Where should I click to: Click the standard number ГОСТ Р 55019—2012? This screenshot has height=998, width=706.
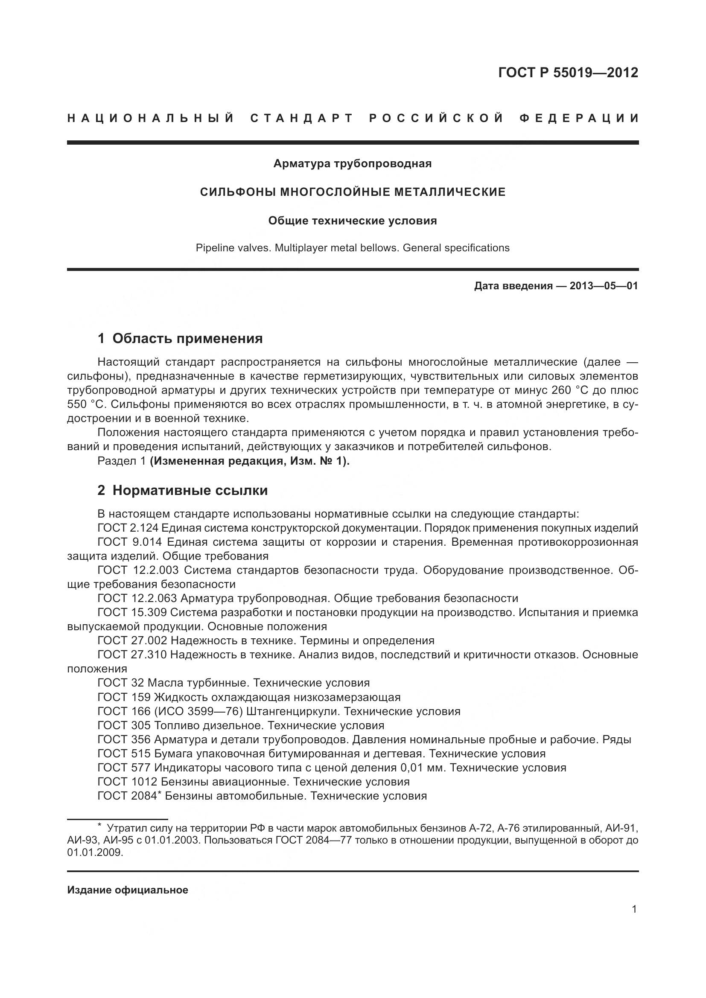click(x=568, y=73)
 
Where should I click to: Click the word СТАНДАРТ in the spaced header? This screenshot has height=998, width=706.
click(x=302, y=118)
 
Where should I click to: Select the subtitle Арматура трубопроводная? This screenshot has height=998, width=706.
click(x=352, y=164)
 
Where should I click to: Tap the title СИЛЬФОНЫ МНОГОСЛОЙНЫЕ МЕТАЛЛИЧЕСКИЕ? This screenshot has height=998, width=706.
click(x=352, y=192)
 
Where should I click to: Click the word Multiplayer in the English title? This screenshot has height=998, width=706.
click(x=301, y=248)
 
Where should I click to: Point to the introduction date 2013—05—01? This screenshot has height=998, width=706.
click(x=604, y=286)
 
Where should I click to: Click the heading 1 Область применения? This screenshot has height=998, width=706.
click(x=180, y=338)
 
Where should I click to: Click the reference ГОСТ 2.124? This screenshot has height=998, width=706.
click(x=130, y=528)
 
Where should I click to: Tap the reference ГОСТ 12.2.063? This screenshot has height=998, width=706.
click(x=137, y=599)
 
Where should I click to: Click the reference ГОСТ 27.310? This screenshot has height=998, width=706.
click(x=132, y=655)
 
